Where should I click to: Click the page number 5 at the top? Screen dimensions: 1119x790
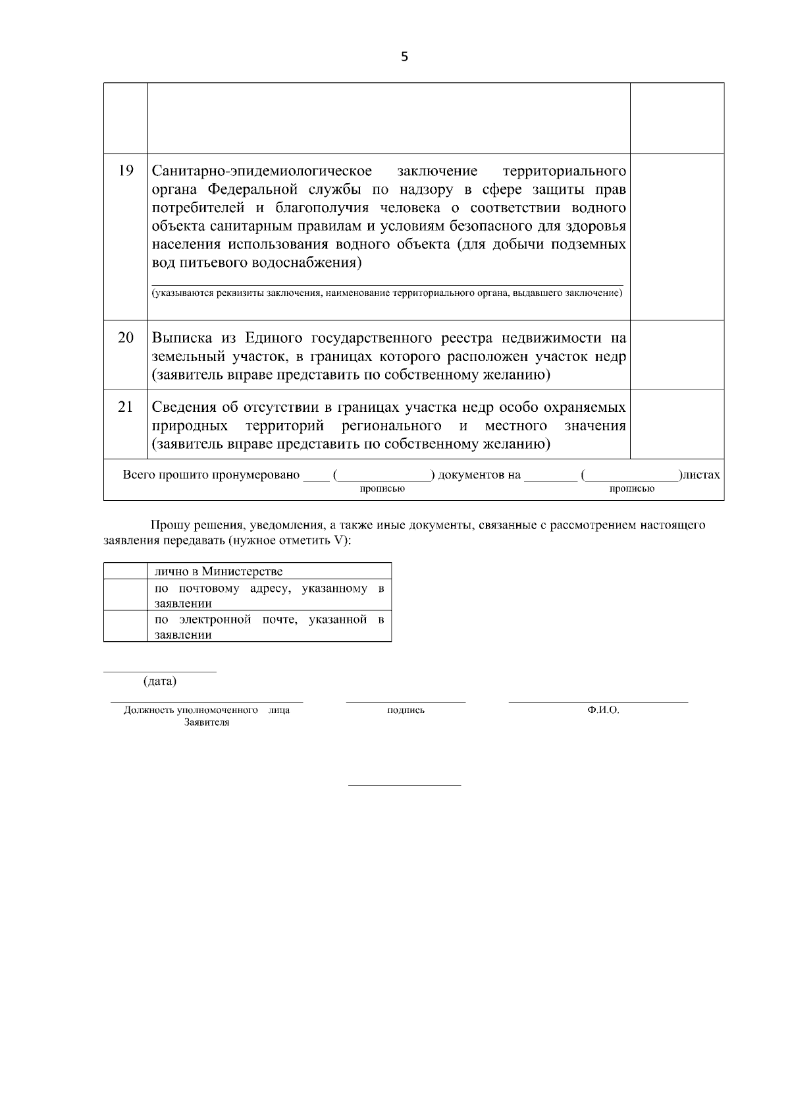404,57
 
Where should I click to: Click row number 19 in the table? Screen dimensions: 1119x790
126,171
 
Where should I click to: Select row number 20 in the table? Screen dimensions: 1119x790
126,338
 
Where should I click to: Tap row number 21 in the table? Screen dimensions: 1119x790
126,407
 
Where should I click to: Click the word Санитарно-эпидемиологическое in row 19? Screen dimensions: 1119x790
262,172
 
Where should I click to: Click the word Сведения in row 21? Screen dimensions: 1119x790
186,408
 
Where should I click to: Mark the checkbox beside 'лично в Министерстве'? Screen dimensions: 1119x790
125,571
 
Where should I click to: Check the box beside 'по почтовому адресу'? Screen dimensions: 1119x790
125,595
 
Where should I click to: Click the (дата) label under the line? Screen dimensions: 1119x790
160,681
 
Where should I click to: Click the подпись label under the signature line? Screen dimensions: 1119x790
406,710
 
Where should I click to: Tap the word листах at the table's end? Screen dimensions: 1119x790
702,475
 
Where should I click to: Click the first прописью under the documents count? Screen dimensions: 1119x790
382,489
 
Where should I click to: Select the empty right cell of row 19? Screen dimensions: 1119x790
677,237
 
